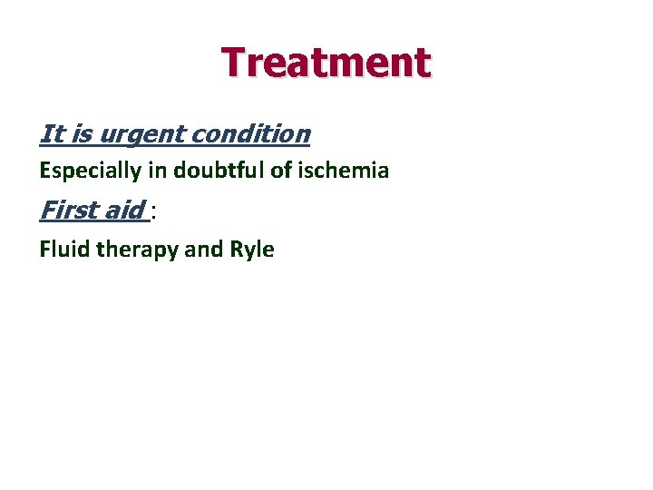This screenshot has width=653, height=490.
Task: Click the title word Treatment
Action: (326, 63)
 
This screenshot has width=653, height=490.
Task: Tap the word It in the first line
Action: (50, 134)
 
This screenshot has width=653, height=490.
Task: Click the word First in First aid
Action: (65, 211)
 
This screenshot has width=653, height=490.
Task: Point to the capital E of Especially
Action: (44, 170)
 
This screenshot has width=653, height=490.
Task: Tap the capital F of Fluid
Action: (44, 250)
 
